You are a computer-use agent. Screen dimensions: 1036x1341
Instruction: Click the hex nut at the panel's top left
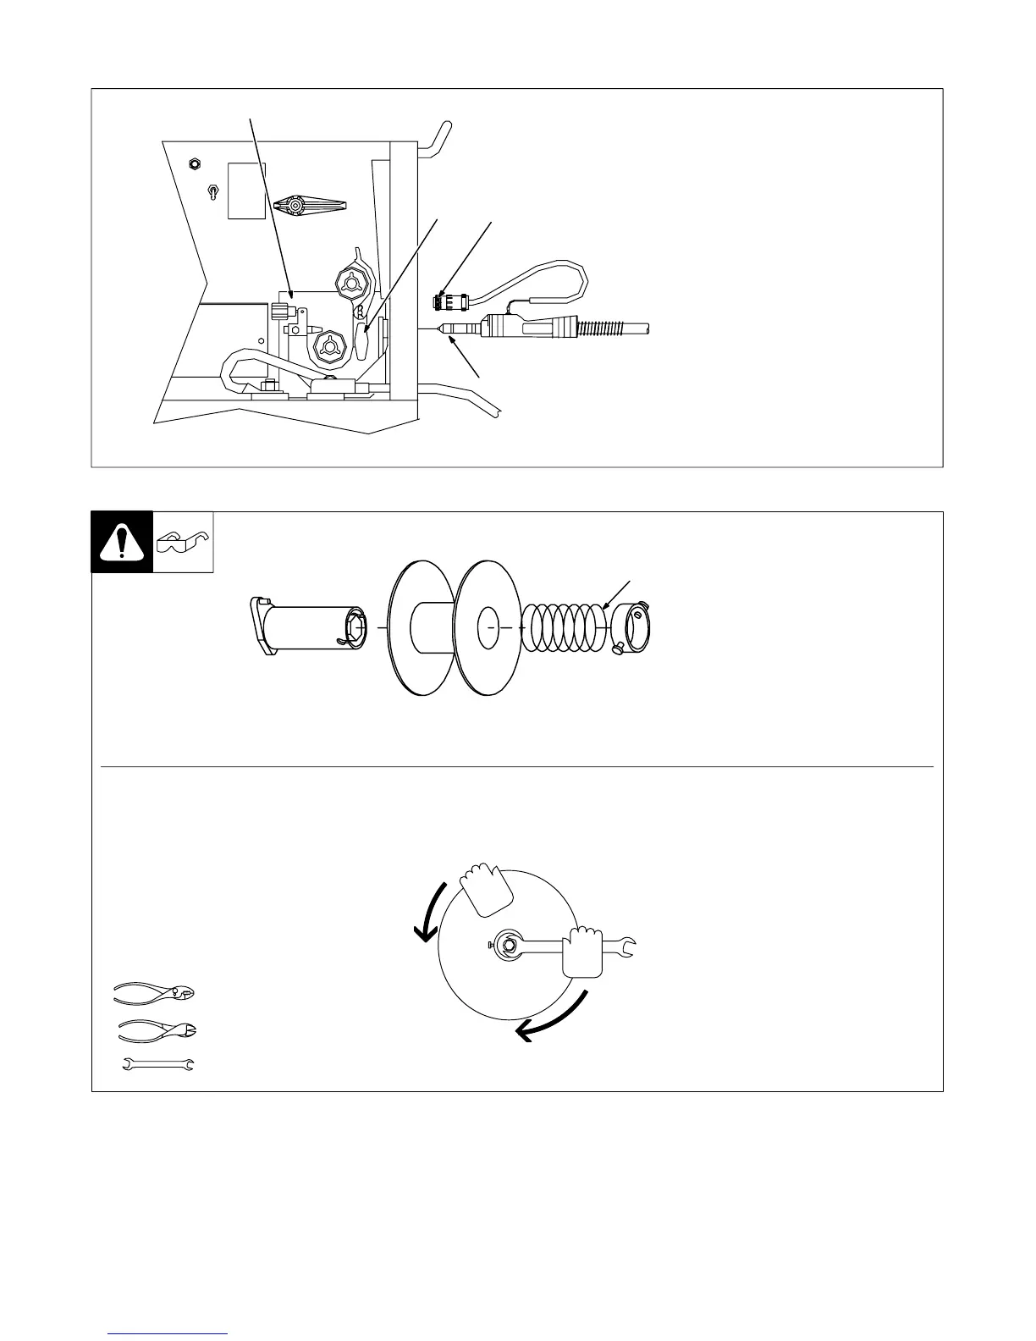pos(193,163)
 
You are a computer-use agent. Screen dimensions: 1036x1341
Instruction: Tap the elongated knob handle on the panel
pos(311,206)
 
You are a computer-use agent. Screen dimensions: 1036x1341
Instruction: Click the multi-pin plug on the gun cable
pos(442,301)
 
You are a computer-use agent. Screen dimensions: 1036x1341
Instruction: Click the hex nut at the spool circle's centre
pos(510,946)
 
